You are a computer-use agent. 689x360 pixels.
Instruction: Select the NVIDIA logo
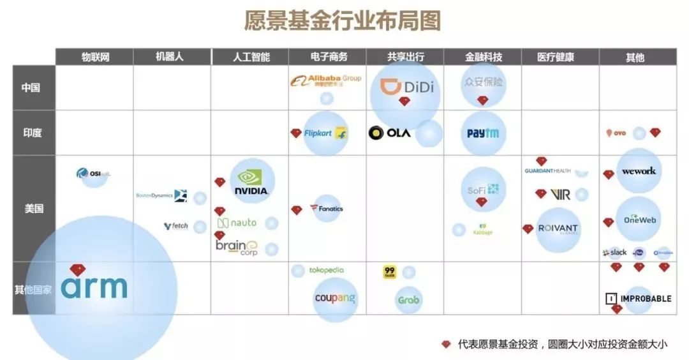click(x=251, y=183)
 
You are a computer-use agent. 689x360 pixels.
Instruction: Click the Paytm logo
click(x=483, y=133)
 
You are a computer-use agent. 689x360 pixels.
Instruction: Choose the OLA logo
click(x=390, y=133)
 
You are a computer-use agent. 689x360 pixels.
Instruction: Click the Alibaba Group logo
click(x=325, y=80)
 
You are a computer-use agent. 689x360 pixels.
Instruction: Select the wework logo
click(x=638, y=171)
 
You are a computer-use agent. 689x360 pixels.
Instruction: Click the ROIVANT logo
click(x=558, y=229)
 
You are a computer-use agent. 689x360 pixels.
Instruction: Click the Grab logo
click(x=408, y=299)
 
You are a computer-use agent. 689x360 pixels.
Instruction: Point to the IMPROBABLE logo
click(x=638, y=298)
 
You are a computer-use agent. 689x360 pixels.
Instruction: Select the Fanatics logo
click(x=327, y=209)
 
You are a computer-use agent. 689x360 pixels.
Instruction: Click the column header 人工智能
click(x=250, y=57)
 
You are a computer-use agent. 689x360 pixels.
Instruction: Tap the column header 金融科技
click(x=483, y=57)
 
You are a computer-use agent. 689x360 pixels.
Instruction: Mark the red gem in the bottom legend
click(x=446, y=344)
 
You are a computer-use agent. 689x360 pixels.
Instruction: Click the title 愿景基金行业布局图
click(x=343, y=20)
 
